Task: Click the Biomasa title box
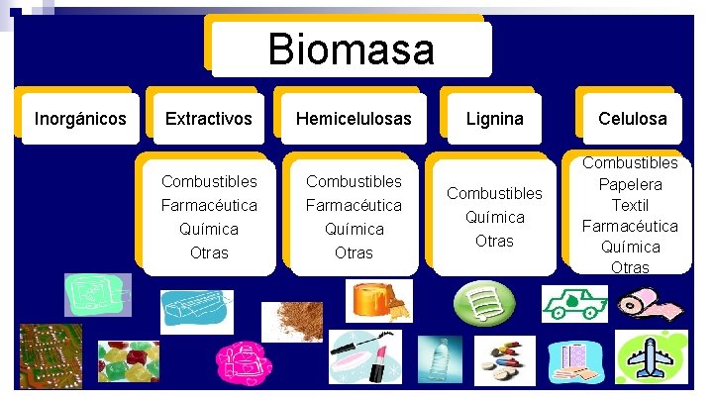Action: (351, 49)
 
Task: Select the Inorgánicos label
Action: (80, 119)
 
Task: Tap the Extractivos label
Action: (208, 119)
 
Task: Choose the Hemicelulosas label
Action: (354, 119)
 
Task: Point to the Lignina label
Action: (494, 119)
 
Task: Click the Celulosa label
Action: (632, 119)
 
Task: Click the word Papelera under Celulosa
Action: (631, 184)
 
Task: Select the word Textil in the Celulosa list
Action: (631, 205)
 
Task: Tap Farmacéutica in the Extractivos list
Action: (209, 205)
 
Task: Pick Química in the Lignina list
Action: (494, 217)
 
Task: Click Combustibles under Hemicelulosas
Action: (354, 181)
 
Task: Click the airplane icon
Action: (651, 358)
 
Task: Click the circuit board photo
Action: (51, 355)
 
